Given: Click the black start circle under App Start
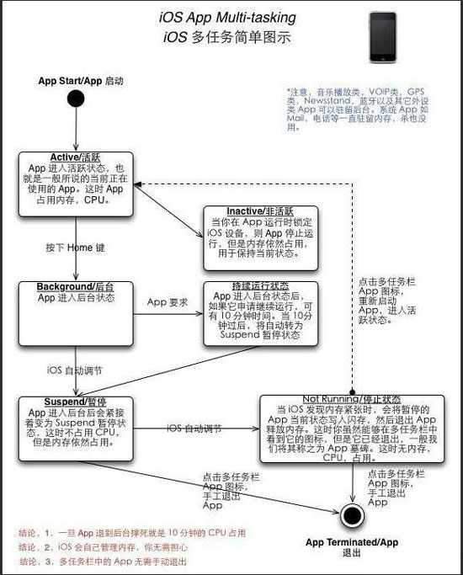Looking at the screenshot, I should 76,99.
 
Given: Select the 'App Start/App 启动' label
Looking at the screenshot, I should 81,81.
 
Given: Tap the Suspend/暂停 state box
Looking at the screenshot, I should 76,428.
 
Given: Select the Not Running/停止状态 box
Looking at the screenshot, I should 353,429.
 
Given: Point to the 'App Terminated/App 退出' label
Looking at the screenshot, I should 353,546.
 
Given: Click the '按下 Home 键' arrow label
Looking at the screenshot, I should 75,248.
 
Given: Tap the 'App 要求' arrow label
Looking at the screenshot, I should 168,301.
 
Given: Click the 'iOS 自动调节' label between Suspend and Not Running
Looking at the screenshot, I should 194,428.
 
